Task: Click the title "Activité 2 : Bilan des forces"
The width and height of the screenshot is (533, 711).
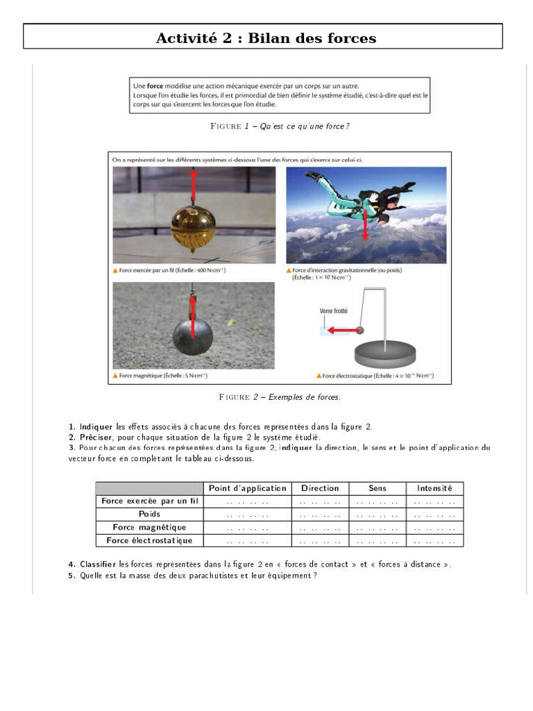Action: pos(266,37)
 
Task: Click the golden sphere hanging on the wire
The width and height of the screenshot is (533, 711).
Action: pos(193,228)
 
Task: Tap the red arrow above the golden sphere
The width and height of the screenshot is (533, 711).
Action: pos(193,187)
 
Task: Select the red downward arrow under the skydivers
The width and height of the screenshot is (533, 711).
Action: pos(365,224)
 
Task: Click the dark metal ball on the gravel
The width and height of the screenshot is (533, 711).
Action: pos(192,338)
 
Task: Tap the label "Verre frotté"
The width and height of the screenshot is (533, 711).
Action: pos(334,311)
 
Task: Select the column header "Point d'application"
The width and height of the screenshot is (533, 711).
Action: pos(247,488)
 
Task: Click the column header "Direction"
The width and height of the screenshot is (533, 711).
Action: pos(320,488)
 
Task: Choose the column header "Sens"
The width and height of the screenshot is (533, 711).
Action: pos(377,488)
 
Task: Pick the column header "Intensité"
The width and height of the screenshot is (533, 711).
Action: pos(434,488)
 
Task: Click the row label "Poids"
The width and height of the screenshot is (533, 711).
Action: pos(149,515)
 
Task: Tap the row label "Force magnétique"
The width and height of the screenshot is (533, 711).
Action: pos(149,528)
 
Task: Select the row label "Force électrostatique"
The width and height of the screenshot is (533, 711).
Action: pos(149,540)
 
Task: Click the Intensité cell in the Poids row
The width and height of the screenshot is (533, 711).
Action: pos(434,515)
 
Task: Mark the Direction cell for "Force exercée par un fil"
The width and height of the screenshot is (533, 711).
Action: pos(320,501)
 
